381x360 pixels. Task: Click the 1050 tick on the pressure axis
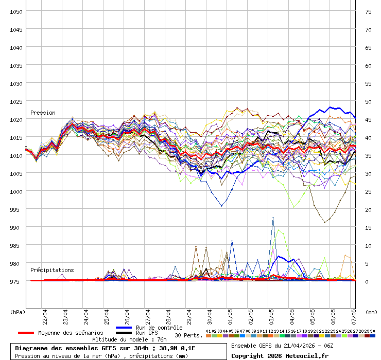pyautogui.click(x=16, y=11)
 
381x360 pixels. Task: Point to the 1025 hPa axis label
pyautogui.click(x=16, y=101)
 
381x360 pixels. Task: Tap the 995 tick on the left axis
pyautogui.click(x=16, y=209)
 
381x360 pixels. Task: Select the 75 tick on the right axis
pyautogui.click(x=368, y=11)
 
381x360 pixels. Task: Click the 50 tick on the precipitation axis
pyautogui.click(x=368, y=101)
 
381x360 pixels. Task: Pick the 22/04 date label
pyautogui.click(x=46, y=313)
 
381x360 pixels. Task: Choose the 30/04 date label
pyautogui.click(x=211, y=313)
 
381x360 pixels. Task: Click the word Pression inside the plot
pyautogui.click(x=43, y=113)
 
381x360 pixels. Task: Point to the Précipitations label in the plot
pyautogui.click(x=52, y=270)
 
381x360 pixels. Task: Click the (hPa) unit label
pyautogui.click(x=18, y=312)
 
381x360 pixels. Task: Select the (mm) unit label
pyautogui.click(x=372, y=312)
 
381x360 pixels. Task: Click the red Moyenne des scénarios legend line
pyautogui.click(x=26, y=333)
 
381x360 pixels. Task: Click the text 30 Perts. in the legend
pyautogui.click(x=188, y=335)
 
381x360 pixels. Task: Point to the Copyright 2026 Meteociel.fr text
pyautogui.click(x=280, y=355)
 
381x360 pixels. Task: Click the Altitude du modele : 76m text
pyautogui.click(x=129, y=339)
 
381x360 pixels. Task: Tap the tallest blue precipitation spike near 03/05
pyautogui.click(x=273, y=218)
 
